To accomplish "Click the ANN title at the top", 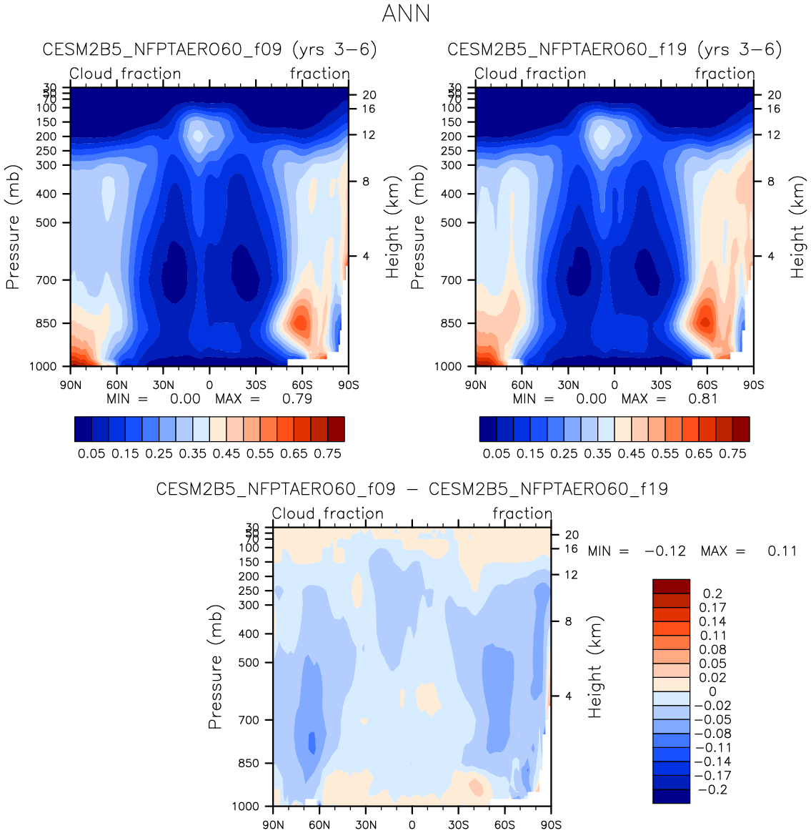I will point(406,14).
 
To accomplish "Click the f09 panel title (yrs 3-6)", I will point(209,49).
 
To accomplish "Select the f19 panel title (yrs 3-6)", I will point(615,49).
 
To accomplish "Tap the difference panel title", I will point(412,489).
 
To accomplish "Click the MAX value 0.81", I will point(703,398).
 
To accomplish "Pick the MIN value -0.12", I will point(665,551).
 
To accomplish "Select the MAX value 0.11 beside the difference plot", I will point(782,551).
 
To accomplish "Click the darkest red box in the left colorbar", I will point(336,429).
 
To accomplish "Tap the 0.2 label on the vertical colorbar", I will point(712,593).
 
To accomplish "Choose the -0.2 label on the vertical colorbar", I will point(712,789).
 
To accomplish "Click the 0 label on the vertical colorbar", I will point(712,691).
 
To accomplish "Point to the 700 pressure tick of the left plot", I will point(46,280).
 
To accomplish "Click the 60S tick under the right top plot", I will point(707,385).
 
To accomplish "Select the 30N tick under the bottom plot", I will point(366,824).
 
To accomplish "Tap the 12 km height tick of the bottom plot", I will point(571,575).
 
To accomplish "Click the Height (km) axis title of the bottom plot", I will point(595,667).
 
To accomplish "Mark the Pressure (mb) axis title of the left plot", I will point(13,227).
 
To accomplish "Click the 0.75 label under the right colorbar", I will point(732,453).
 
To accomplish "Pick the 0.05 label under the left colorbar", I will point(91,453).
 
